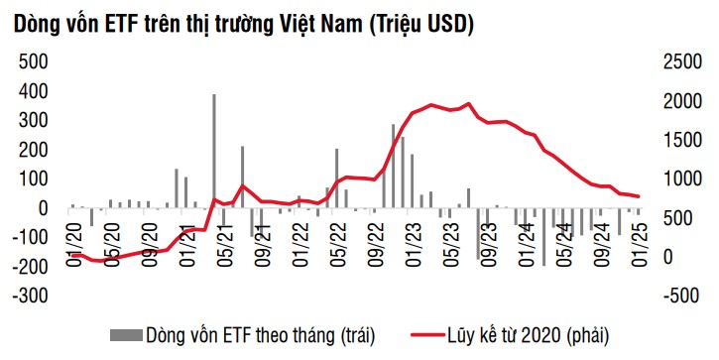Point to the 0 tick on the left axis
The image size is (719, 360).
[43, 208]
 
